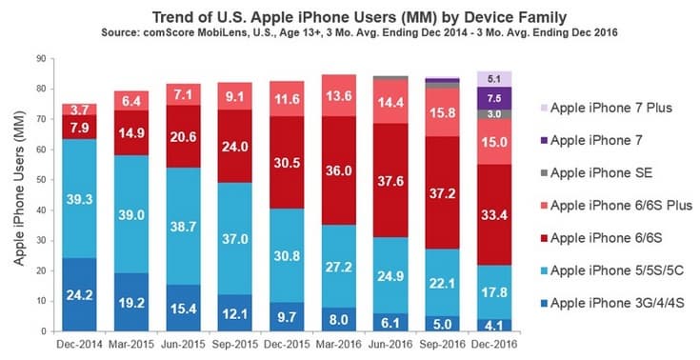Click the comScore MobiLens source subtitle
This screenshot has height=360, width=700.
(350, 31)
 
